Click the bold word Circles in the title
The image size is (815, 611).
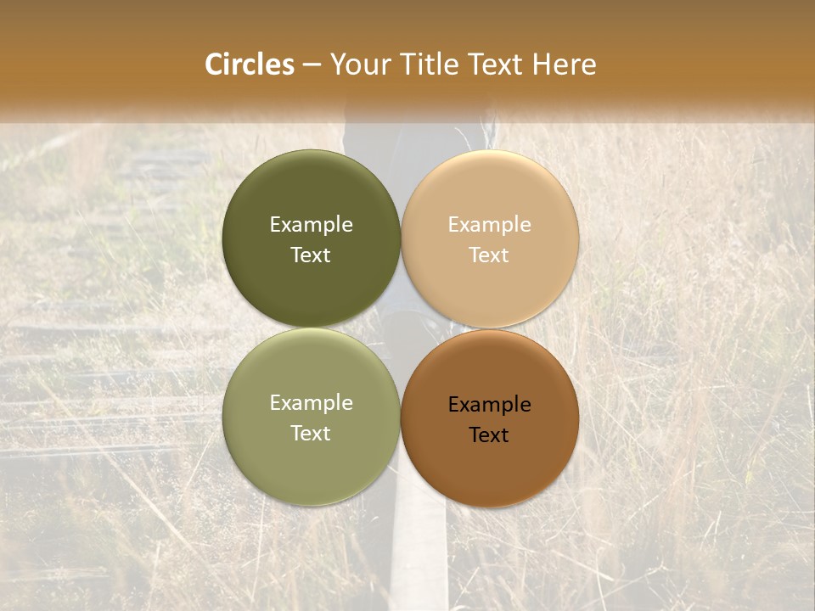[250, 64]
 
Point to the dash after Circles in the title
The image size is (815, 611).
[312, 65]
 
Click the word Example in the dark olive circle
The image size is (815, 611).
[311, 225]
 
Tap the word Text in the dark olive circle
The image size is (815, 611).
[311, 255]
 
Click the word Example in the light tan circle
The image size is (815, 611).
[489, 225]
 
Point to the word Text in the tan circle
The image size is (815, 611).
[489, 255]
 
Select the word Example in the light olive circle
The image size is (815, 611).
[311, 403]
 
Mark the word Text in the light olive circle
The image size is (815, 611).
[311, 434]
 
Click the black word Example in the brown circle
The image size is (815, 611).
[489, 405]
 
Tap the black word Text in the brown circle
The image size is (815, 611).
[489, 435]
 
